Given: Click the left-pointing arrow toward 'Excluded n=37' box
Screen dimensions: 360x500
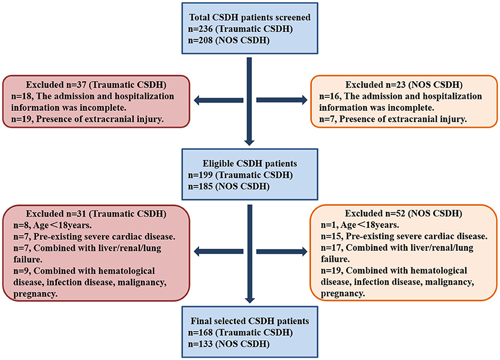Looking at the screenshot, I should click(x=217, y=100).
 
